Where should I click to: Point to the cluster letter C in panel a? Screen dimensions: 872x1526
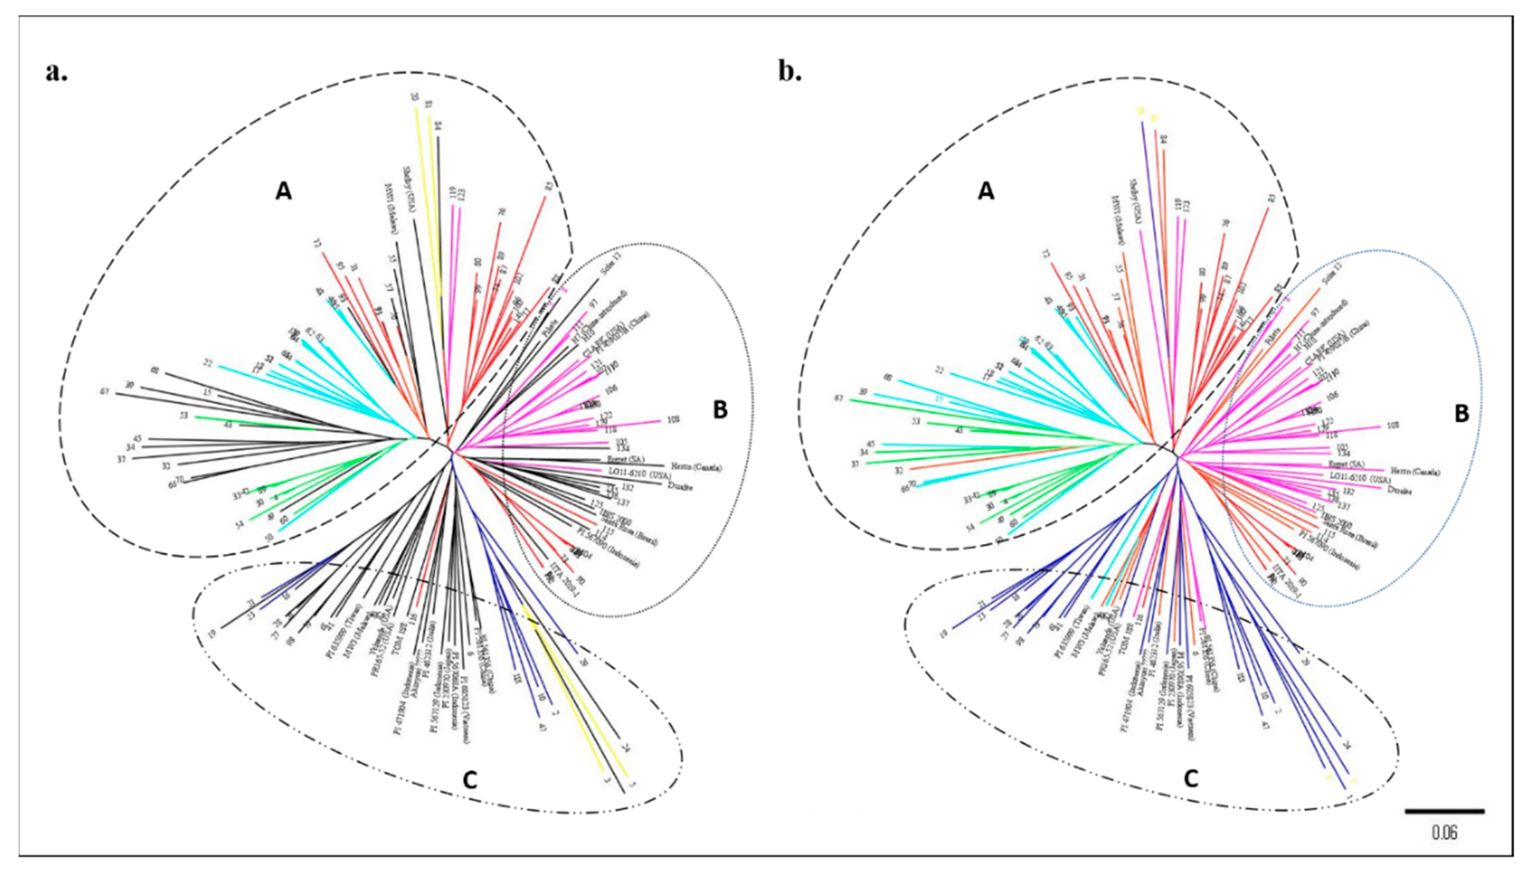pyautogui.click(x=471, y=780)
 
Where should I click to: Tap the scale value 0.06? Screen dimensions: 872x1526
pyautogui.click(x=1444, y=849)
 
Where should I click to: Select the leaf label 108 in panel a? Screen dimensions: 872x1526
pyautogui.click(x=673, y=420)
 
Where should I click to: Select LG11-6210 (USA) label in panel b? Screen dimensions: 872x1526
pyautogui.click(x=1359, y=480)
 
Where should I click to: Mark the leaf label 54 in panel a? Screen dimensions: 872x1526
pyautogui.click(x=240, y=525)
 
